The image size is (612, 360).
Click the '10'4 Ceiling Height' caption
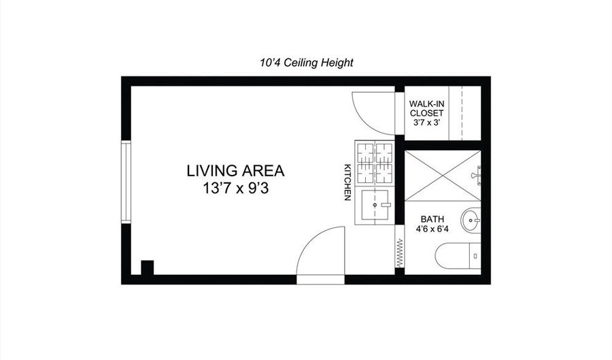point(306,63)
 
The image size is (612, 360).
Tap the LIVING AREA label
point(235,171)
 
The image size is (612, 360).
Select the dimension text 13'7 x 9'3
point(235,189)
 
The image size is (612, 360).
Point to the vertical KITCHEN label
point(347,182)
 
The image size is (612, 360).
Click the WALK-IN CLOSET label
point(426,108)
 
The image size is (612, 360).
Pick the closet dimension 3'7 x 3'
point(426,122)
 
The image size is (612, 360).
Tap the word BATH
point(432,219)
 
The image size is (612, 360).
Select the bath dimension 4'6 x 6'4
point(432,229)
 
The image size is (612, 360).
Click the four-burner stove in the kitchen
point(374,163)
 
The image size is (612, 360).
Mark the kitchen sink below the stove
point(375,205)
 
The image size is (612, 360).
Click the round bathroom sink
point(471,220)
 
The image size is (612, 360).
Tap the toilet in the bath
point(459,256)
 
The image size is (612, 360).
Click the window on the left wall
point(125,182)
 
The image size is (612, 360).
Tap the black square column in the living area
point(147,267)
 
